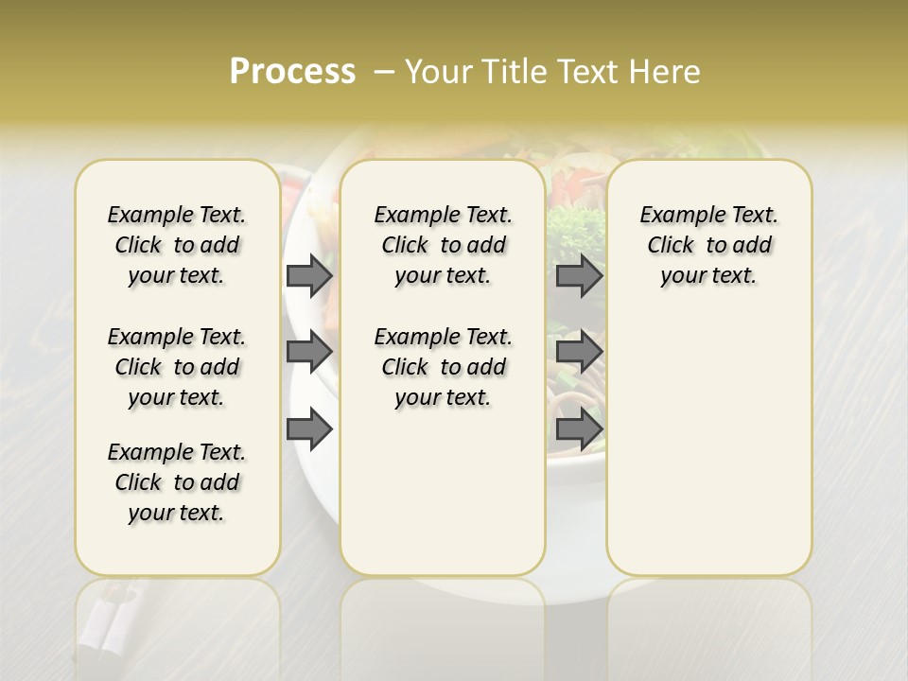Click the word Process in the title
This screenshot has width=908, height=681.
[292, 72]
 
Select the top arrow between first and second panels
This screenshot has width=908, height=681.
[308, 275]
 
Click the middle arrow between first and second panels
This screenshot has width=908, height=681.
[308, 352]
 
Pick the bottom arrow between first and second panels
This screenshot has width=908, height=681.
[308, 429]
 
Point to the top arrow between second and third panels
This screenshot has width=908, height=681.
[579, 275]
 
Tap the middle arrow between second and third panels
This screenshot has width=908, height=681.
[579, 352]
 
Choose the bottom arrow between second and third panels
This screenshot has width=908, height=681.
[579, 429]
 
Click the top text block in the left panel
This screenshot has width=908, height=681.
[177, 245]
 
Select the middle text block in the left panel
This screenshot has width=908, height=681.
[177, 367]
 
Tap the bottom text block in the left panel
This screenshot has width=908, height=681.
[177, 482]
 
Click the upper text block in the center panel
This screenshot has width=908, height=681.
[443, 245]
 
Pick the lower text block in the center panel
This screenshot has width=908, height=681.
[443, 367]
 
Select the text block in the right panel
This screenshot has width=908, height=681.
[708, 245]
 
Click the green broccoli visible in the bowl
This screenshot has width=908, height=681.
[573, 227]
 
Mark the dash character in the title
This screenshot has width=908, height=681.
[384, 72]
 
